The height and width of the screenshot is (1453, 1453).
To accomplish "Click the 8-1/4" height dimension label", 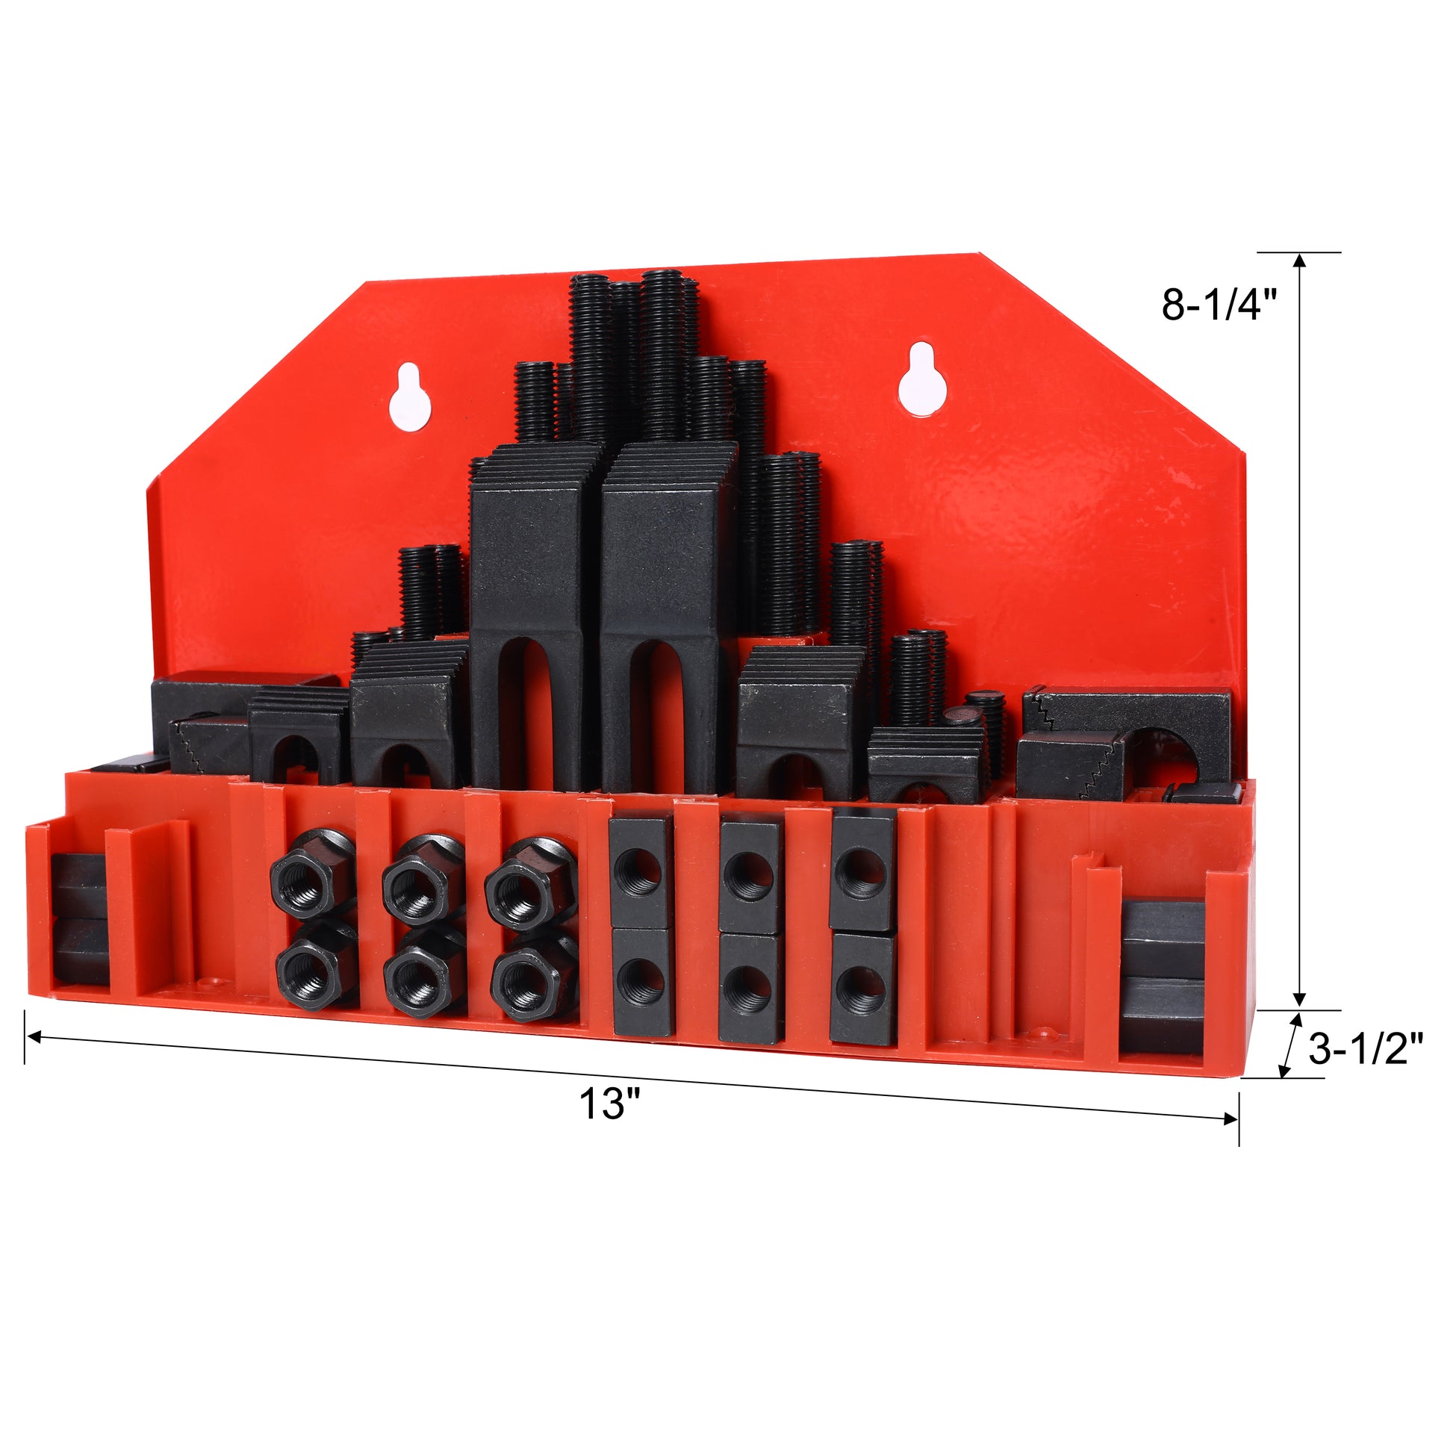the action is point(1219,305).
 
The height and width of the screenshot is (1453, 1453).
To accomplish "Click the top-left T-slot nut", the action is point(640,872).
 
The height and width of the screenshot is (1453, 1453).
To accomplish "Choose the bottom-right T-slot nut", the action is point(863,989).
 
